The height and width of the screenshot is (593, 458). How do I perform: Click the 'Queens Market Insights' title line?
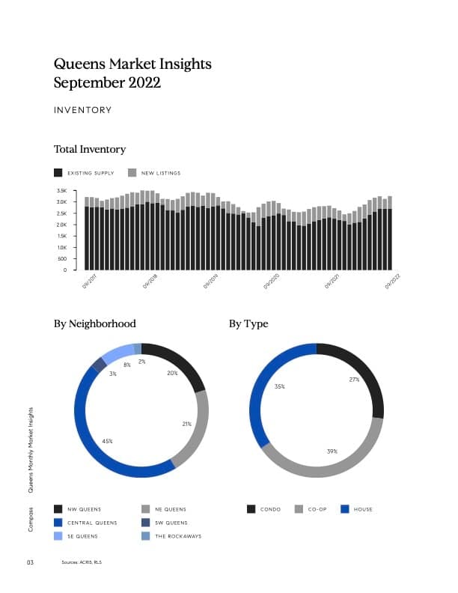pyautogui.click(x=132, y=64)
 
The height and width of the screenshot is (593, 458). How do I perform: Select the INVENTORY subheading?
pyautogui.click(x=82, y=110)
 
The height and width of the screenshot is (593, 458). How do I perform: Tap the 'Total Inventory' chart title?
pyautogui.click(x=90, y=150)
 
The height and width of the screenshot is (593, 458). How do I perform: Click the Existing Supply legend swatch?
pyautogui.click(x=58, y=173)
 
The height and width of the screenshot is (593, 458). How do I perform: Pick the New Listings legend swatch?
pyautogui.click(x=132, y=173)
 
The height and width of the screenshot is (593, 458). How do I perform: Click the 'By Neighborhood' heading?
pyautogui.click(x=95, y=324)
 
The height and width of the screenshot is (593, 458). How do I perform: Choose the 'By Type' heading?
pyautogui.click(x=248, y=324)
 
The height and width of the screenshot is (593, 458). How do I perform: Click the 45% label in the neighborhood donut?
pyautogui.click(x=107, y=441)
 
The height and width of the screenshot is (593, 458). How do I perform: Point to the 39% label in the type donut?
pyautogui.click(x=332, y=451)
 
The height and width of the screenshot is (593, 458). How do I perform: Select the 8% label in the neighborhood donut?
pyautogui.click(x=127, y=365)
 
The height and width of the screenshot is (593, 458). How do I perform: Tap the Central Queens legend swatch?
pyautogui.click(x=58, y=523)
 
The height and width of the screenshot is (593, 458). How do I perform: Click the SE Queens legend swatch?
pyautogui.click(x=58, y=536)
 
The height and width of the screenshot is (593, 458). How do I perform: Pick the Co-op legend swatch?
pyautogui.click(x=299, y=509)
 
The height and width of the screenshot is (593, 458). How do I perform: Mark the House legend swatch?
pyautogui.click(x=345, y=509)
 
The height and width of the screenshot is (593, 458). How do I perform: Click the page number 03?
pyautogui.click(x=31, y=562)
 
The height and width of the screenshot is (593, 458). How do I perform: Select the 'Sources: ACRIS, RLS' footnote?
pyautogui.click(x=82, y=562)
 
